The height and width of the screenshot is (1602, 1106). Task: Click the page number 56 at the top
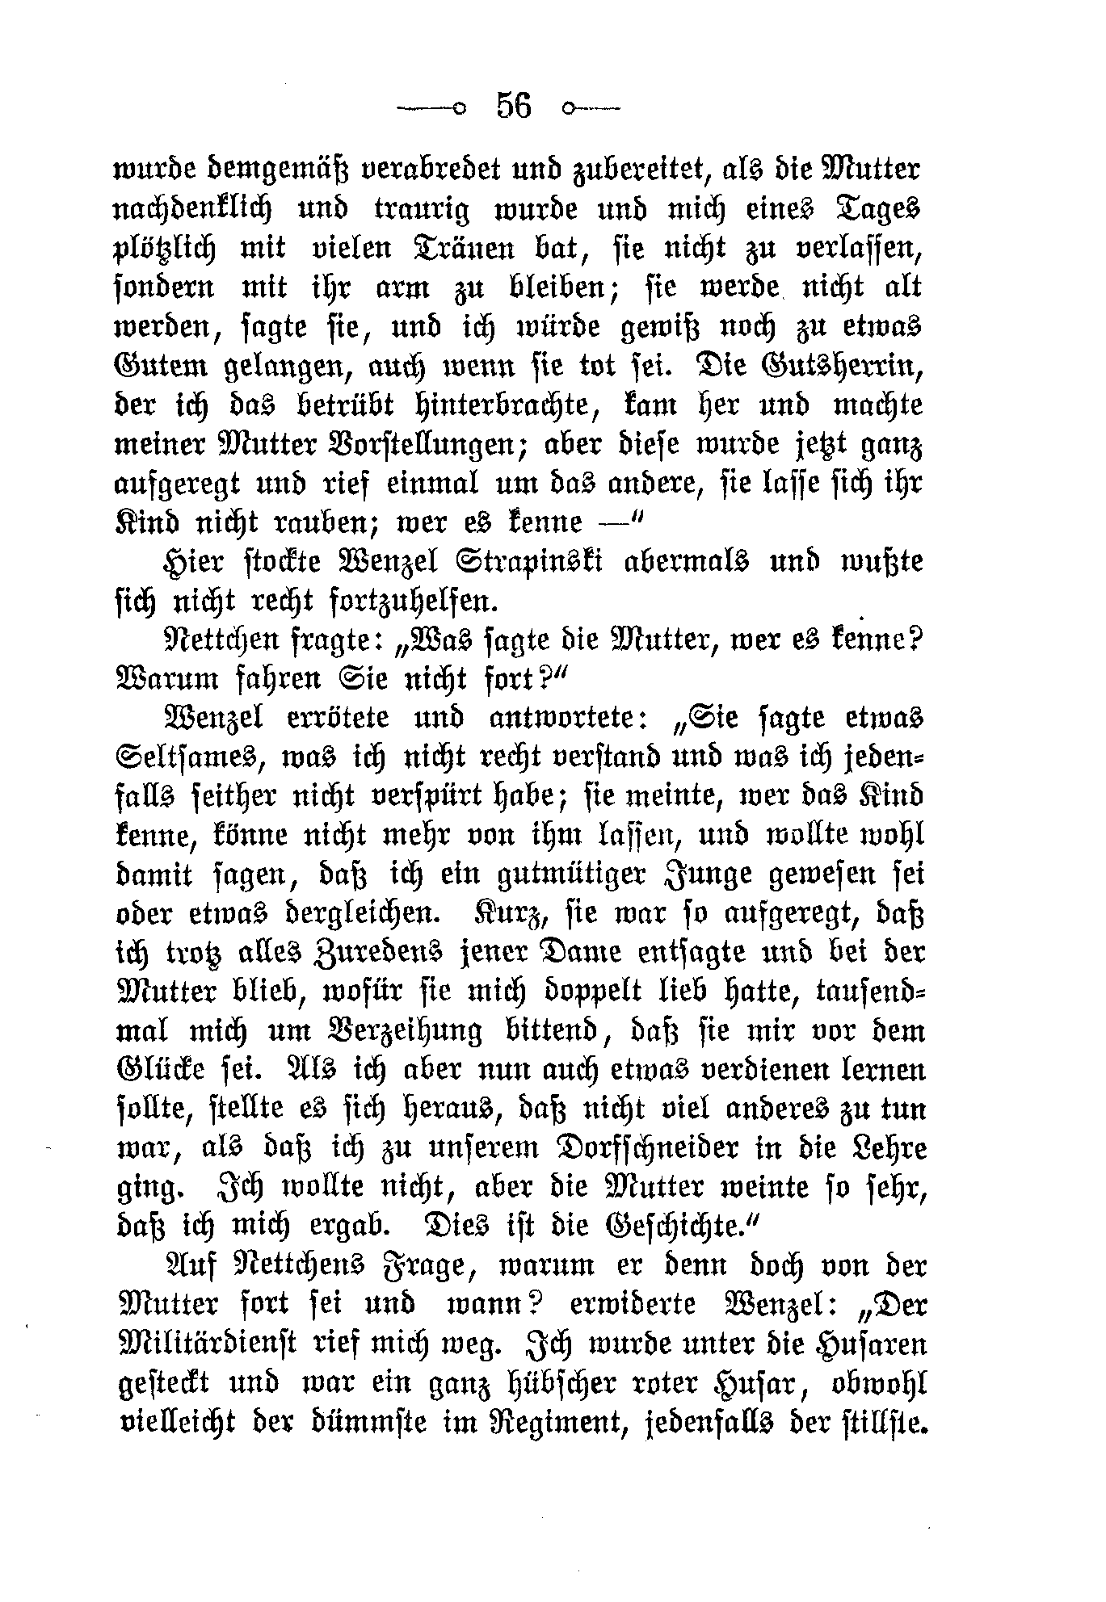514,106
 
